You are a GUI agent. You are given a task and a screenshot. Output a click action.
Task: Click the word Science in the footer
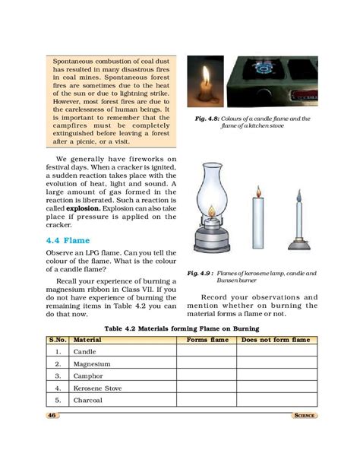click(x=302, y=415)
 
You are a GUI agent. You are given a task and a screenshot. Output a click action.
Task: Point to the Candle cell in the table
click(x=84, y=352)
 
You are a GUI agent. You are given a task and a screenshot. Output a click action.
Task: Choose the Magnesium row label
click(x=92, y=364)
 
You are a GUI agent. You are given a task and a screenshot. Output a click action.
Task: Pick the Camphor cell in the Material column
click(x=88, y=376)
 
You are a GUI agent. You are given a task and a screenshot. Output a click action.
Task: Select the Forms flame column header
click(x=207, y=340)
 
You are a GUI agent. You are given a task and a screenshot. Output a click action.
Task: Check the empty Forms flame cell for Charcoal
click(x=207, y=399)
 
